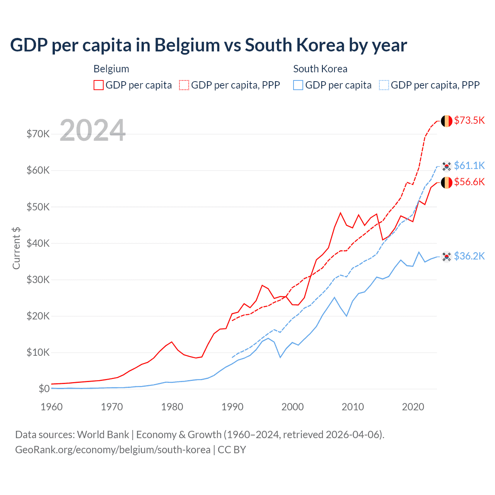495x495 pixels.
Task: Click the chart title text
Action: click(208, 45)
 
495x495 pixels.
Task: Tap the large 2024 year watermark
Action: click(93, 130)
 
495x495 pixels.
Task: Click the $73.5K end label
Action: click(469, 120)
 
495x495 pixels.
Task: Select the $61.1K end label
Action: click(469, 166)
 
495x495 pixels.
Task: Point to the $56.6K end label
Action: click(469, 182)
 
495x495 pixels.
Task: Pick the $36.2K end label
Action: click(469, 256)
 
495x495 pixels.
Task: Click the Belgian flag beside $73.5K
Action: click(447, 121)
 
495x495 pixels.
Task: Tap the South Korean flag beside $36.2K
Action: click(447, 256)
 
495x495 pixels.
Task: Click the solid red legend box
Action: click(99, 85)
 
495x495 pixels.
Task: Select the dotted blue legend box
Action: click(384, 85)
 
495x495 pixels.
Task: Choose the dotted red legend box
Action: click(184, 85)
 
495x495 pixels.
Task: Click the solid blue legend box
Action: click(298, 85)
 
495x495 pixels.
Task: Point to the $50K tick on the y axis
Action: click(38, 207)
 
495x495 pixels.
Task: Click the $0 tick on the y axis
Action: click(44, 389)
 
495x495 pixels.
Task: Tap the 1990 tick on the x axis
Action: click(232, 407)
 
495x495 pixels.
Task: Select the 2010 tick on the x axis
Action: click(353, 407)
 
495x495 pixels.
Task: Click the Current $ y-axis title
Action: click(16, 248)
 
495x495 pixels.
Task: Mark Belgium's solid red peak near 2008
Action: click(340, 213)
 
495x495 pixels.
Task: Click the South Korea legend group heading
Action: click(320, 69)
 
